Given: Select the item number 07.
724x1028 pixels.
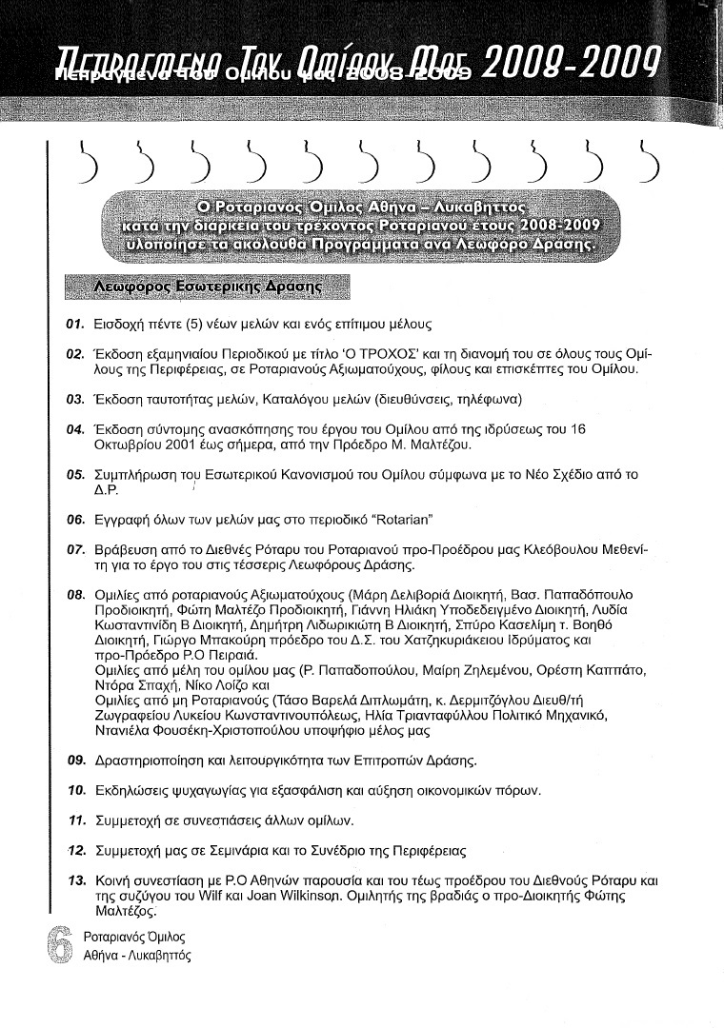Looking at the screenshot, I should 76,550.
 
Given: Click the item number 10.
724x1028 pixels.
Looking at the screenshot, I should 76,791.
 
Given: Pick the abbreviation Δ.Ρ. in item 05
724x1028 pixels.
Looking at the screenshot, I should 105,491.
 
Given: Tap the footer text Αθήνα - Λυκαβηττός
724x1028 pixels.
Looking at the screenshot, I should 137,956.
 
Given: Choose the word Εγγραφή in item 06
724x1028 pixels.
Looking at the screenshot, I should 125,521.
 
